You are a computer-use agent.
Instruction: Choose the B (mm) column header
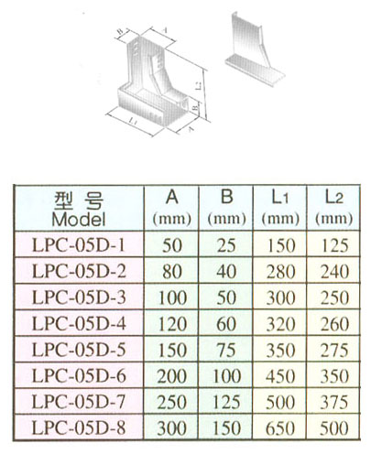tap(224, 207)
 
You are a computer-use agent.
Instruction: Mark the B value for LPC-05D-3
tap(224, 297)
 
